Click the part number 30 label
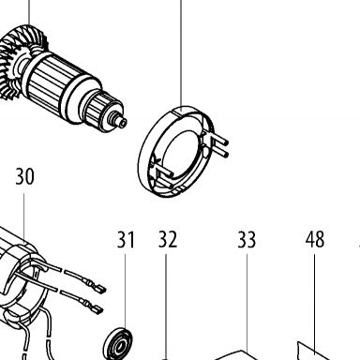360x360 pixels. tap(24, 176)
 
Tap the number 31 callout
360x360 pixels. tap(126, 240)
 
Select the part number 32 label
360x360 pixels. tap(168, 240)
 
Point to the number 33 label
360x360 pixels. tap(247, 240)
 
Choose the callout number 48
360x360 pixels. tap(315, 240)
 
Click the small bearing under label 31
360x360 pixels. tap(117, 344)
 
